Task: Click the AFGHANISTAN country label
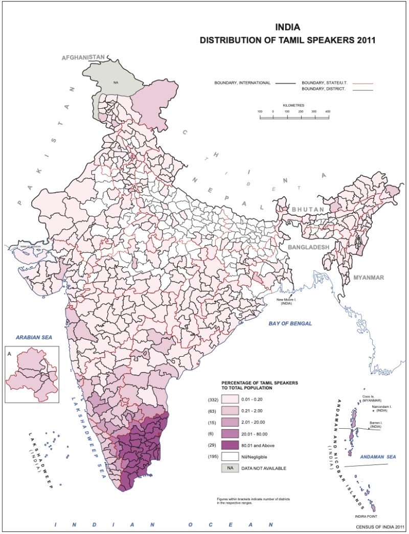pos(83,58)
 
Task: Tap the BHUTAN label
pos(308,210)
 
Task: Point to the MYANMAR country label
pos(368,277)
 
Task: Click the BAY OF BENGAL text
pos(291,323)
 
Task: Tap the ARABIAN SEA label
pos(34,338)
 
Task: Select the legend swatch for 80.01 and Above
pos(230,445)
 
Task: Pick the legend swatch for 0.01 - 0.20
pos(230,399)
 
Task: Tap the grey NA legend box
pos(230,468)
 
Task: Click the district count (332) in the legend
pos(213,399)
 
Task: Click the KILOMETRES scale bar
pos(294,117)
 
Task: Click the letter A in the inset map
pos(9,353)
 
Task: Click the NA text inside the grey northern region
pos(116,82)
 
